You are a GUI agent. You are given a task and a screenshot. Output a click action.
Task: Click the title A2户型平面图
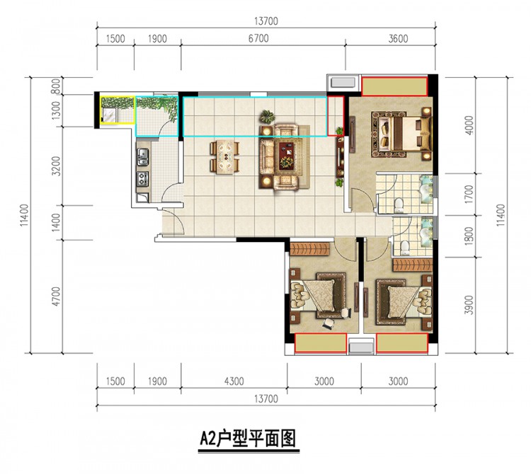click(x=249, y=439)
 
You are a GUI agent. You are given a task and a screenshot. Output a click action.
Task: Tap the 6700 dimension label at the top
click(x=258, y=38)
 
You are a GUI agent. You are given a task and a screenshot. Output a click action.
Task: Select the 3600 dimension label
click(x=398, y=39)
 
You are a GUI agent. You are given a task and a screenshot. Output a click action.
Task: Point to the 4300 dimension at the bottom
click(x=234, y=381)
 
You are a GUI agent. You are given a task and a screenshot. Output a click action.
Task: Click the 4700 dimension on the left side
click(x=56, y=296)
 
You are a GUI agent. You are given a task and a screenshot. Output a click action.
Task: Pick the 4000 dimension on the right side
click(x=469, y=125)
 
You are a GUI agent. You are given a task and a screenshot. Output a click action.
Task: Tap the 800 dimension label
click(x=56, y=86)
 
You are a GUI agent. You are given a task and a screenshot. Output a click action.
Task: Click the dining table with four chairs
click(x=225, y=156)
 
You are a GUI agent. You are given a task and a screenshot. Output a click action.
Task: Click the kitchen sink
click(x=142, y=157)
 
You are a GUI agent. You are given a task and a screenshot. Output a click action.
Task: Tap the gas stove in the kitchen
click(x=142, y=179)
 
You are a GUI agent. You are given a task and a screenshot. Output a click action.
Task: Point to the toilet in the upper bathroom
click(x=399, y=205)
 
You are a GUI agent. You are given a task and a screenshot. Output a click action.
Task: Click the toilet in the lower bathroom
click(x=404, y=248)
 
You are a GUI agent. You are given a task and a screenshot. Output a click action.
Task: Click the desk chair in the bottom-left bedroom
click(x=329, y=323)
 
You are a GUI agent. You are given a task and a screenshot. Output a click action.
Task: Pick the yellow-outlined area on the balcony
click(x=118, y=110)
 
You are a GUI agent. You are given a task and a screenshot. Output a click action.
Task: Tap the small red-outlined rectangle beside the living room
click(x=336, y=116)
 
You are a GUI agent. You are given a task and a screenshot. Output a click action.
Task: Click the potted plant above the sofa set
click(x=268, y=116)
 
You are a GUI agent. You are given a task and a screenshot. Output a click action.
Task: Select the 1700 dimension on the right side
click(x=469, y=195)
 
